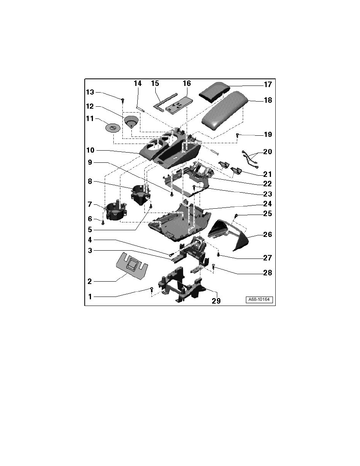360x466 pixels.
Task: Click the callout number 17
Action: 267,85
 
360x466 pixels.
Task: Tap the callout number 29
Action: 216,301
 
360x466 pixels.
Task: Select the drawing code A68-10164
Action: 259,300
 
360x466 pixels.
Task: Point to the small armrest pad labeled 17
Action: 215,92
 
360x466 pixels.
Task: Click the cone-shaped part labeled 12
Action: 131,122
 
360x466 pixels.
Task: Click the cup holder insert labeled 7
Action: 116,211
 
